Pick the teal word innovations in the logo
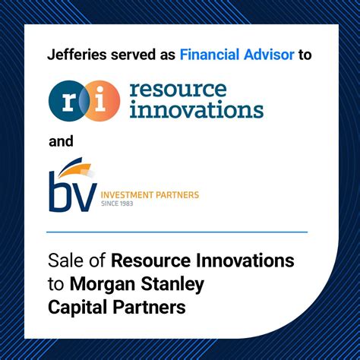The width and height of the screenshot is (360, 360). click(196, 110)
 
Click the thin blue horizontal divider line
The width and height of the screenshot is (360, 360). click(176, 232)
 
